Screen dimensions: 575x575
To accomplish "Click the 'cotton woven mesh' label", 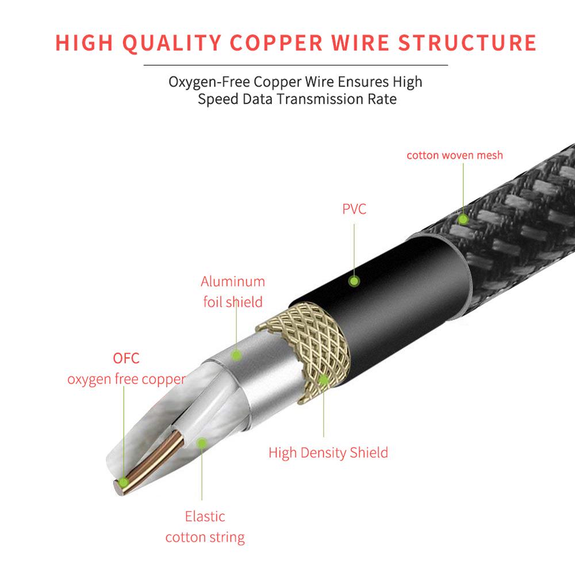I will click(x=454, y=155).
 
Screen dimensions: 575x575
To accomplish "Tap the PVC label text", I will click(x=354, y=209).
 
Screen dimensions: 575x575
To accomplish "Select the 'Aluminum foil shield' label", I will click(x=233, y=292).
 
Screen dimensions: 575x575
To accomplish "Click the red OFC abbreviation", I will click(x=126, y=358).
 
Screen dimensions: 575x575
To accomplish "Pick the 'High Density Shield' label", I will click(x=328, y=453).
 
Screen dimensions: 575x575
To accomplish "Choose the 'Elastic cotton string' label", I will click(x=205, y=527).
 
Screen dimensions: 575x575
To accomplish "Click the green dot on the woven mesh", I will click(x=462, y=218).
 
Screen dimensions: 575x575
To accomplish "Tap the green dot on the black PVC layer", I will click(x=355, y=281).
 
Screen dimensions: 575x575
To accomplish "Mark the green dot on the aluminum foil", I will click(x=236, y=355).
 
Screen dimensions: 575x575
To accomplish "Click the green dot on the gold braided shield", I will click(x=323, y=379).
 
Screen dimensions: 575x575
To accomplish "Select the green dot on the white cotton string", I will click(x=201, y=442).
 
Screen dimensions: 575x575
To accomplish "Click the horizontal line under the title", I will click(x=296, y=65).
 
